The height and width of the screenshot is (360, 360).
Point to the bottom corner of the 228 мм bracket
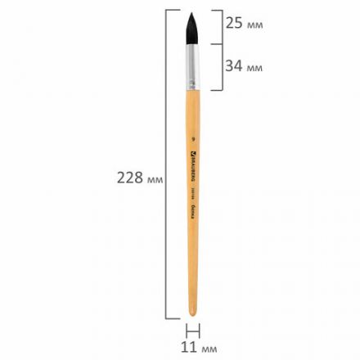[169, 317]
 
